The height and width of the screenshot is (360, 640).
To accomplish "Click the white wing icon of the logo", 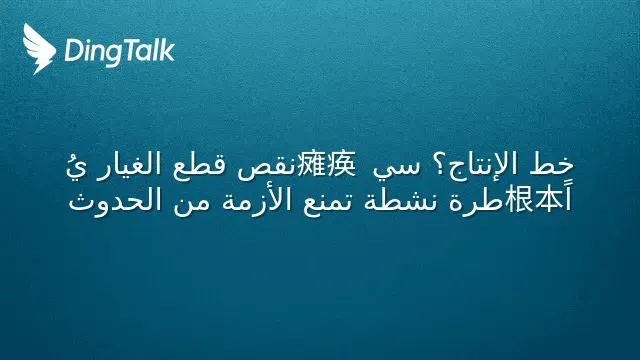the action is [39, 49].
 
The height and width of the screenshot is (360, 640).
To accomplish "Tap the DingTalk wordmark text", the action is [120, 51].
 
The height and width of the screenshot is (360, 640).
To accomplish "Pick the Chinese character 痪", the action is [341, 164].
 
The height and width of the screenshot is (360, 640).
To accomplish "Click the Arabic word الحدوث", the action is [115, 200].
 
